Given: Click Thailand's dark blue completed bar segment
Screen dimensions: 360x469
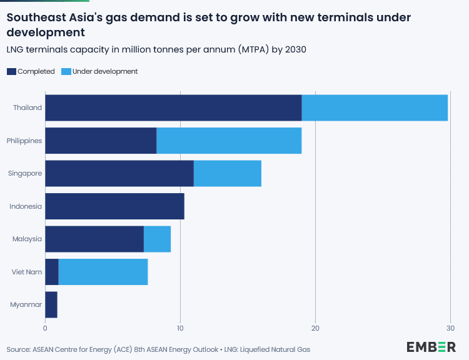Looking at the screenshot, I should pyautogui.click(x=173, y=107).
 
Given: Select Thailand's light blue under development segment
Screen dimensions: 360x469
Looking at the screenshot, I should pyautogui.click(x=375, y=107).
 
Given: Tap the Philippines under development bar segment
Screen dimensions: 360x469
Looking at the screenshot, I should pyautogui.click(x=229, y=141).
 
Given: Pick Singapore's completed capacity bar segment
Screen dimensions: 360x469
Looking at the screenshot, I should pyautogui.click(x=119, y=173).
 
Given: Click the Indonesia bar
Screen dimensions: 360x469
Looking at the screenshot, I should pyautogui.click(x=115, y=206).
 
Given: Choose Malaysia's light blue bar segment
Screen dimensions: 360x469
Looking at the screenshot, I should pyautogui.click(x=157, y=239).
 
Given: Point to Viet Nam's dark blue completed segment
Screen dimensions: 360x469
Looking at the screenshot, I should pyautogui.click(x=52, y=272).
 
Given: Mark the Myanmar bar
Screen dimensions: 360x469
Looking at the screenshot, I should pyautogui.click(x=51, y=304).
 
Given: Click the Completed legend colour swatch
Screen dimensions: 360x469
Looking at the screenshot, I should pyautogui.click(x=12, y=71).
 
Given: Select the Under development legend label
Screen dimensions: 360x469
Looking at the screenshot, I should pyautogui.click(x=105, y=71).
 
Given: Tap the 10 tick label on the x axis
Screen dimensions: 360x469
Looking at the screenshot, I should pyautogui.click(x=180, y=328).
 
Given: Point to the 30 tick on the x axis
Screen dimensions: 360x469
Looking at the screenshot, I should pyautogui.click(x=450, y=328).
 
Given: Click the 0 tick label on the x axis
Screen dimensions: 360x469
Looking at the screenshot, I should pyautogui.click(x=46, y=328).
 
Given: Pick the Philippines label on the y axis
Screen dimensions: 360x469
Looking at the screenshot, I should pyautogui.click(x=24, y=141).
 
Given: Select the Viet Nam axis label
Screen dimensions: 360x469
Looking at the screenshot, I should pyautogui.click(x=27, y=272).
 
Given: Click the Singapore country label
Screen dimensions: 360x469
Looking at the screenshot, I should pyautogui.click(x=25, y=173).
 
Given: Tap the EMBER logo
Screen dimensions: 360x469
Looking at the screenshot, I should pyautogui.click(x=431, y=347).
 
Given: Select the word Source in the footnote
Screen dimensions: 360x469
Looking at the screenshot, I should pyautogui.click(x=19, y=349).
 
